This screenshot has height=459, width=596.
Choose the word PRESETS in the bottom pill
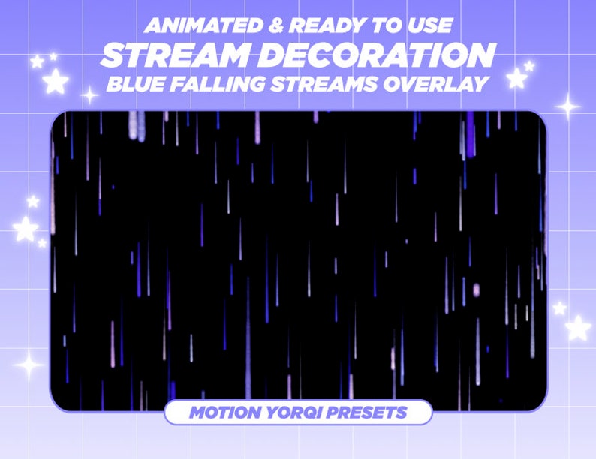(x=367, y=412)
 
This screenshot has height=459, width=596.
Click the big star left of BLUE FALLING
(x=55, y=81)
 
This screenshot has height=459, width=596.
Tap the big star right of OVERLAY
(x=516, y=78)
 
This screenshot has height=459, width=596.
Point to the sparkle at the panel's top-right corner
(x=569, y=107)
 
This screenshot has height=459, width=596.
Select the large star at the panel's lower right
(x=577, y=327)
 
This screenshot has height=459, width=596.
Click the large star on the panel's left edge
(x=25, y=228)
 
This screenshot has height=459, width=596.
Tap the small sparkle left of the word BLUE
(x=89, y=95)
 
